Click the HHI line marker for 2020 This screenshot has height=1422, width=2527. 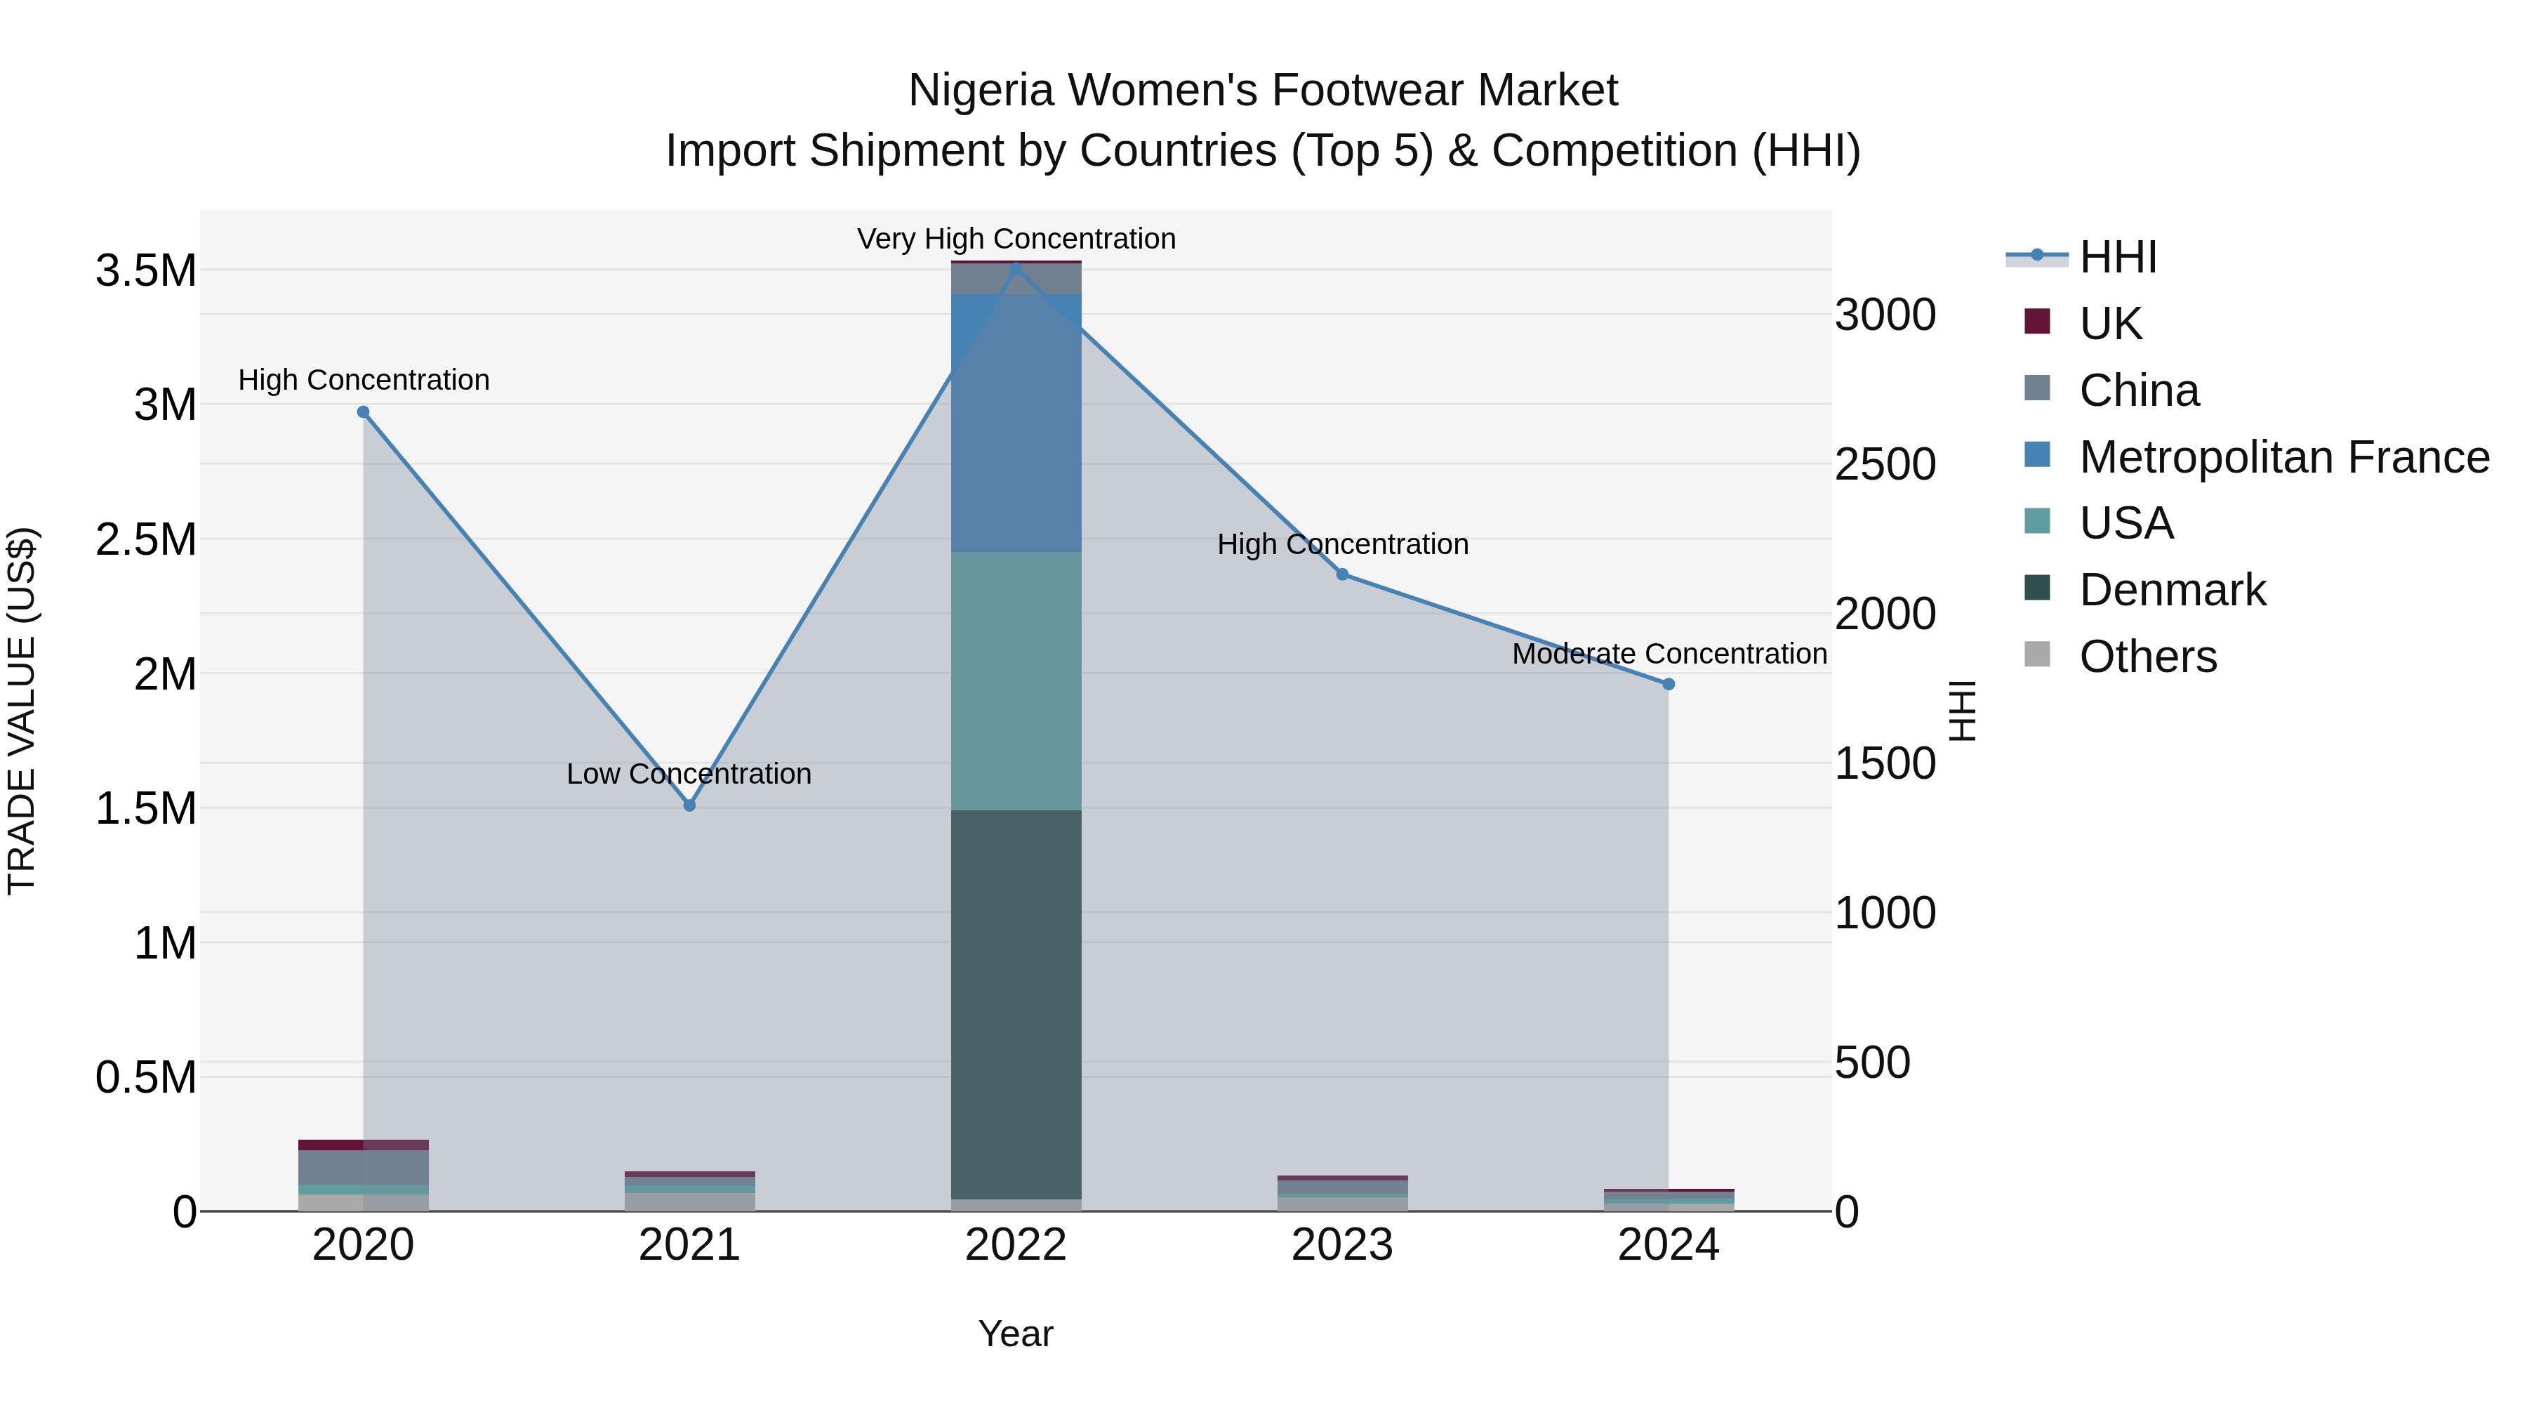(x=363, y=412)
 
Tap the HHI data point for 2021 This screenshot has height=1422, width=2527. (x=689, y=805)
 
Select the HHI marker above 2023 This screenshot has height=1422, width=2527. (x=1342, y=574)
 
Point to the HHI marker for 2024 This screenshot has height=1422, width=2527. (x=1669, y=684)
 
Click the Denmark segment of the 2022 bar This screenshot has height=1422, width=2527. (x=1016, y=1001)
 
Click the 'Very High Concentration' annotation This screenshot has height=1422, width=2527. (x=1016, y=239)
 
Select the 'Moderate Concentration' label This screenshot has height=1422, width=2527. (x=1669, y=654)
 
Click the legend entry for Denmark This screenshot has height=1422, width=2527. (x=2172, y=590)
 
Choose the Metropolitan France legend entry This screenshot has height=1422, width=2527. (x=2283, y=457)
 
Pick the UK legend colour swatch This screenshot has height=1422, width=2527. (x=2038, y=322)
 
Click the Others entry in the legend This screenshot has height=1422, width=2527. (x=2147, y=657)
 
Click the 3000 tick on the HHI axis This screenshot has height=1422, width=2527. (x=1885, y=316)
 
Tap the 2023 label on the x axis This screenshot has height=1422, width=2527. (x=1342, y=1245)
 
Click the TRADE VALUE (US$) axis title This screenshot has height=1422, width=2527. (x=22, y=711)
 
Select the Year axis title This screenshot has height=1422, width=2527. (x=1015, y=1334)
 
